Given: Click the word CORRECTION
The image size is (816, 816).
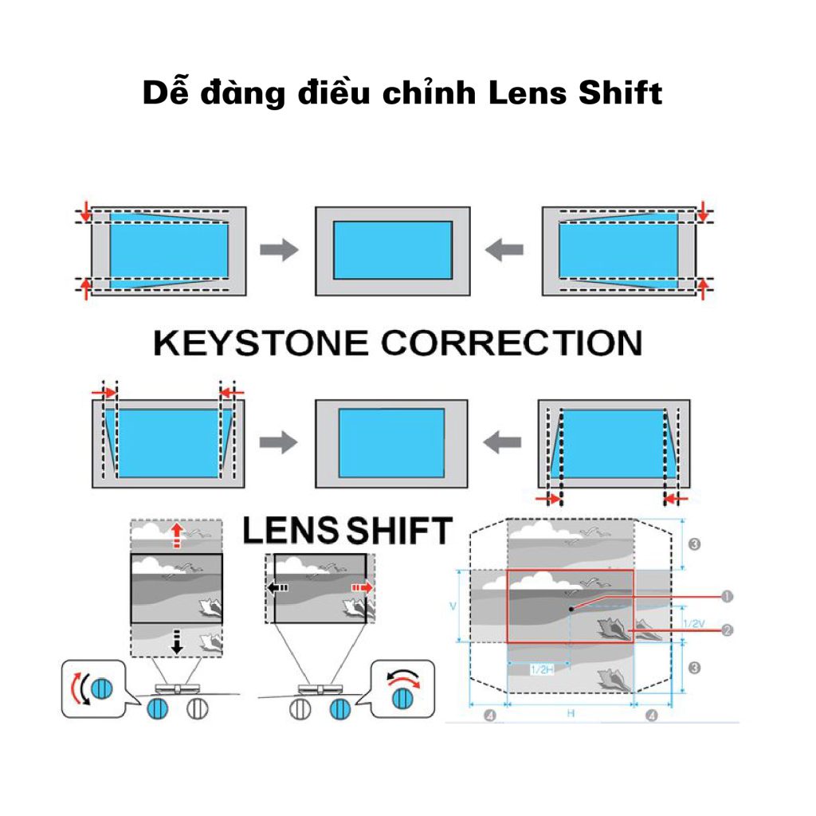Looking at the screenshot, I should (511, 343).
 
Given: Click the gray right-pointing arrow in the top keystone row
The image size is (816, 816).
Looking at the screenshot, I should (279, 250).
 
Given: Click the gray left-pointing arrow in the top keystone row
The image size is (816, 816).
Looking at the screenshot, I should (504, 250).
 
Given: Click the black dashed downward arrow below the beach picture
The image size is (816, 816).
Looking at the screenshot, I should (177, 642).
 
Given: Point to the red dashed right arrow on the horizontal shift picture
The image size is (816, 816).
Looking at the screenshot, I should (361, 587).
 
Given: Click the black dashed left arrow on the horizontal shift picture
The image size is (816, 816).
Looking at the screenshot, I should (278, 588).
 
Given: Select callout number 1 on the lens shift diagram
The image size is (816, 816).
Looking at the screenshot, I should (726, 594).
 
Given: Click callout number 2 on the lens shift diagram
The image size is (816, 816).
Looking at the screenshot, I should (726, 630).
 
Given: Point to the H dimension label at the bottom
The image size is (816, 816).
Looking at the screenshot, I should (571, 714).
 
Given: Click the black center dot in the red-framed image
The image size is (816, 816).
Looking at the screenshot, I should (571, 609).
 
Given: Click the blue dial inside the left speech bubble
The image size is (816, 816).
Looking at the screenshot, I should (101, 687).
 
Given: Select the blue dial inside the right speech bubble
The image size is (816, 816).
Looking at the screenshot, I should (404, 696).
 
